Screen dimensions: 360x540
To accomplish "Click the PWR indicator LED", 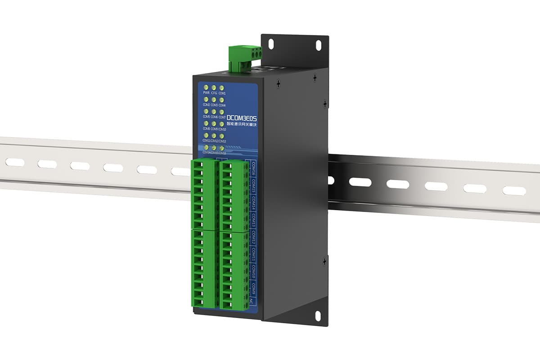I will pos(206,87).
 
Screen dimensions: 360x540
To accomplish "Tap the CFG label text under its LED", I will pos(214,93).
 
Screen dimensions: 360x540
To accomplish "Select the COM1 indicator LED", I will pos(221,87).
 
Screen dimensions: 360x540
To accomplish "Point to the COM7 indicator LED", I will pos(221,111).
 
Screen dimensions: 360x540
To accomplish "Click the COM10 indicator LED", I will pos(221,123).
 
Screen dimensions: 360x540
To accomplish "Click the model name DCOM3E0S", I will pos(242,116).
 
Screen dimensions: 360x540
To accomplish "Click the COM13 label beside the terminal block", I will pos(253,221).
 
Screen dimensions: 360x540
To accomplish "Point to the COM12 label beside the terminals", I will pos(253,239).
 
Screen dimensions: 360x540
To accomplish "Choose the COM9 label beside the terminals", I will pos(253,288).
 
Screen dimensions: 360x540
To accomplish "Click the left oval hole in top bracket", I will pos(271,44).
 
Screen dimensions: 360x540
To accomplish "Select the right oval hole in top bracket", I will pos(318,45).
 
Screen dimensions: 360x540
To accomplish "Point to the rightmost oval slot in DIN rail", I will pos(514,191).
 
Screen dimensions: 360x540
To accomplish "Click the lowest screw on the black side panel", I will pos(324,261).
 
